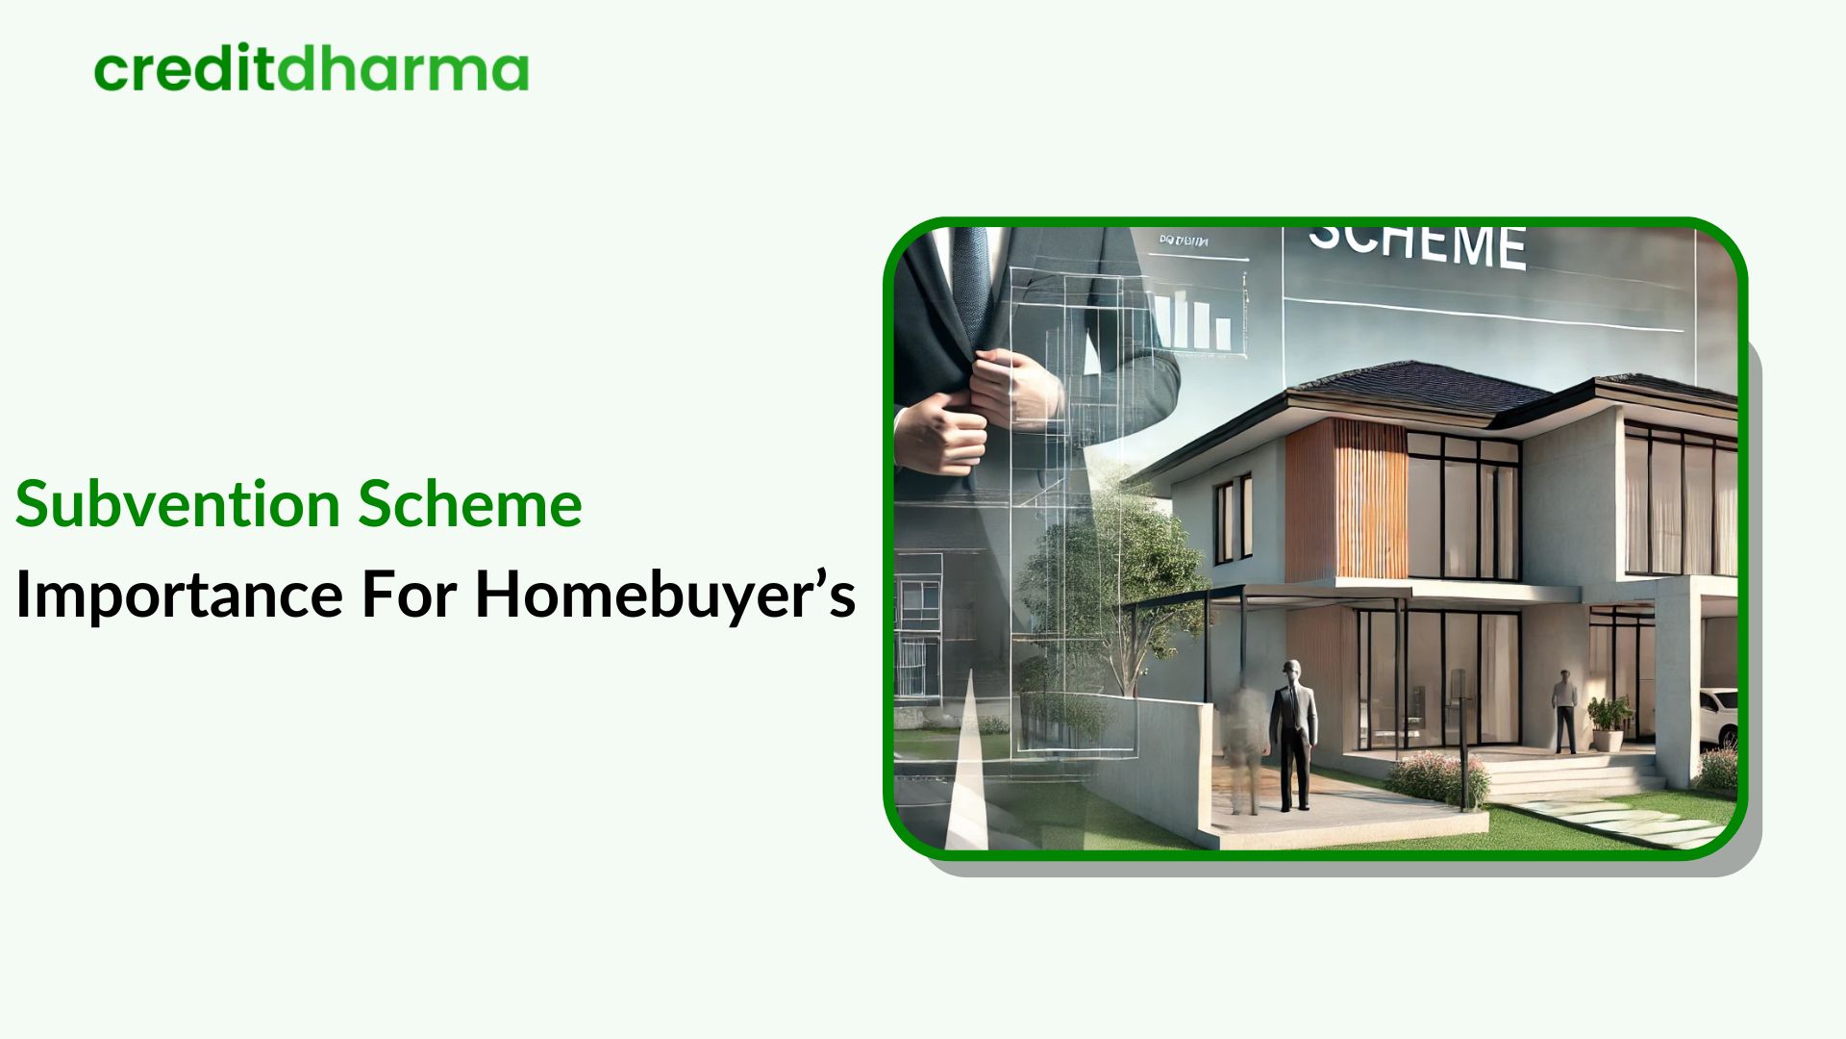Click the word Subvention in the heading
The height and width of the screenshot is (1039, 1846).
pyautogui.click(x=178, y=504)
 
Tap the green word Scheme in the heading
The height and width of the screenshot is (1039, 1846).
pyautogui.click(x=470, y=504)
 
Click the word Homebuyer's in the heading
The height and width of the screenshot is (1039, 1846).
pyautogui.click(x=664, y=595)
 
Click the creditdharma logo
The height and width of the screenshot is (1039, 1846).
pyautogui.click(x=312, y=69)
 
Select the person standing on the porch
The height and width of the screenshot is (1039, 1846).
pyautogui.click(x=1564, y=710)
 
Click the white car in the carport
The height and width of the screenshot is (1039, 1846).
pyautogui.click(x=1718, y=717)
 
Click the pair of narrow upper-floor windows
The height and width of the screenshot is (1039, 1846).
pyautogui.click(x=1233, y=519)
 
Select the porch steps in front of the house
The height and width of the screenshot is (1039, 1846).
pyautogui.click(x=1577, y=775)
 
